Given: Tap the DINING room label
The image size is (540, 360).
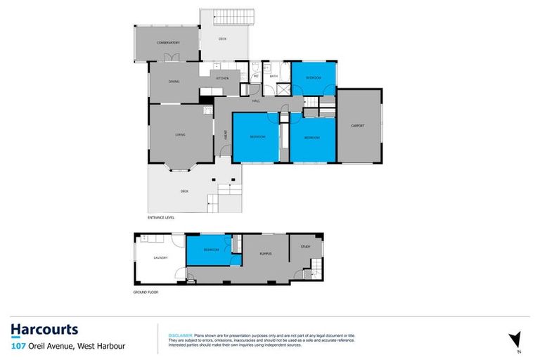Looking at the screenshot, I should (x=174, y=82).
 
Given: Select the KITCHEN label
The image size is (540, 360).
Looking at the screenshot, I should (x=222, y=78).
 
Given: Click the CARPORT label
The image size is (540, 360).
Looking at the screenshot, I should (x=358, y=126).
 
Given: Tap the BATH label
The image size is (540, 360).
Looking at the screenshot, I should (x=274, y=76).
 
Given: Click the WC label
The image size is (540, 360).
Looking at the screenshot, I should (x=256, y=76).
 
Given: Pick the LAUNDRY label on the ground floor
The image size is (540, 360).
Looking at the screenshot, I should (x=161, y=257).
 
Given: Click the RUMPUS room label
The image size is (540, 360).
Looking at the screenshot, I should (x=265, y=253).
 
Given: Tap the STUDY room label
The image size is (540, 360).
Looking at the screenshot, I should (x=305, y=247).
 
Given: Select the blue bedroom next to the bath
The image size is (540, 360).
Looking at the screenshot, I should (x=313, y=78).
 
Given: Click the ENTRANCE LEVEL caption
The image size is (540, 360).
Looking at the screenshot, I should (x=161, y=218).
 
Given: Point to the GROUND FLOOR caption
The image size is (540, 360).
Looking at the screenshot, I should (x=146, y=291).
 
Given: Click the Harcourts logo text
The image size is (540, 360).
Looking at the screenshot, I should (x=44, y=329).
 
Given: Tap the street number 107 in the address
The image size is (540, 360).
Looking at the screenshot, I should (x=19, y=345).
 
